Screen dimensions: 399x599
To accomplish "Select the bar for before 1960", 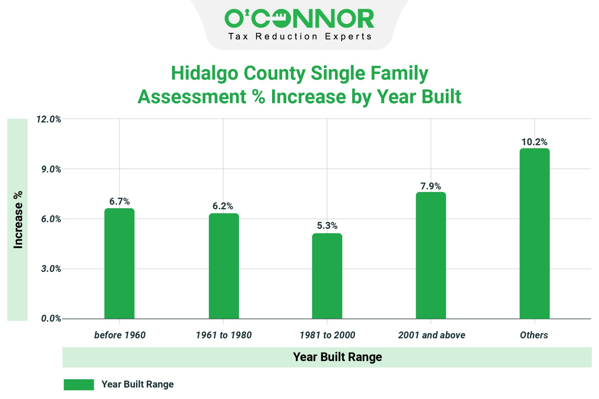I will point(119,263).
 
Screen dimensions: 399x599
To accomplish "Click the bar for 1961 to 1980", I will point(224,266).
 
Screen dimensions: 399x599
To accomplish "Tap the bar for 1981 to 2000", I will point(327,276).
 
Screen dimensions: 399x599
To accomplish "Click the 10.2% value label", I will point(534,142).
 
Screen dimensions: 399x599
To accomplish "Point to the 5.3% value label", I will point(327,226).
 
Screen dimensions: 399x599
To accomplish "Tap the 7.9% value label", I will point(431,186).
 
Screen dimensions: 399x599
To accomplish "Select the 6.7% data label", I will point(119,201).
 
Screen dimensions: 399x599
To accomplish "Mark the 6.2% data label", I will point(223,206).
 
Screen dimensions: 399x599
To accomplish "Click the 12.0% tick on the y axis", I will point(49,119).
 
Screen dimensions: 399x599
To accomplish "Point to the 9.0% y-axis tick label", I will point(51,169).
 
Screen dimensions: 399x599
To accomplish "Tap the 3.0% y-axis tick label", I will point(51,269).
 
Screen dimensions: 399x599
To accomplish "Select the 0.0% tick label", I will point(51,319).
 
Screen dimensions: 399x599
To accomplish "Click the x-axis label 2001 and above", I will point(431,335).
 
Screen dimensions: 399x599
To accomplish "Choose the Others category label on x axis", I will point(534,335).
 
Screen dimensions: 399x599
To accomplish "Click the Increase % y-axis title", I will point(18,220).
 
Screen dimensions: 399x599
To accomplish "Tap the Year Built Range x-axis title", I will point(337,357).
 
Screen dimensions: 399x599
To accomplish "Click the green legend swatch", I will point(79,384).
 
